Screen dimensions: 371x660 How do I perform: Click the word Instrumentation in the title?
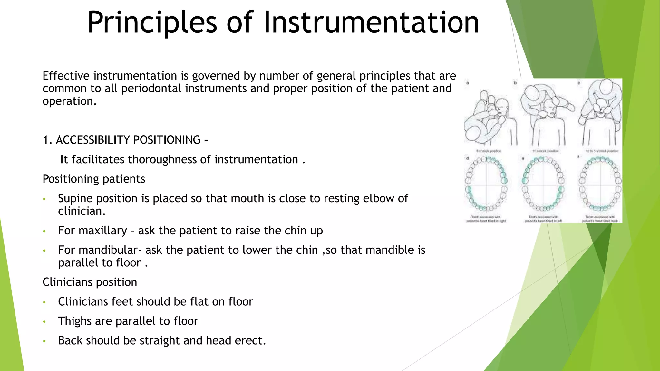pyautogui.click(x=371, y=23)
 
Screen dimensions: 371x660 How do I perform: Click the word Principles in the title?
pyautogui.click(x=152, y=23)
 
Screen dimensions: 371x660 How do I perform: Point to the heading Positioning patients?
pyautogui.click(x=94, y=179)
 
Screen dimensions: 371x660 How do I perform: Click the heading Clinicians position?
pyautogui.click(x=90, y=282)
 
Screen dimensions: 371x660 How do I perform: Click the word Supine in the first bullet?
pyautogui.click(x=75, y=198)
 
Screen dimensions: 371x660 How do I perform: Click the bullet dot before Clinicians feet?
pyautogui.click(x=44, y=302)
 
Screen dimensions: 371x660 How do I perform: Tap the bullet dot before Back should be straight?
pyautogui.click(x=44, y=341)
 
